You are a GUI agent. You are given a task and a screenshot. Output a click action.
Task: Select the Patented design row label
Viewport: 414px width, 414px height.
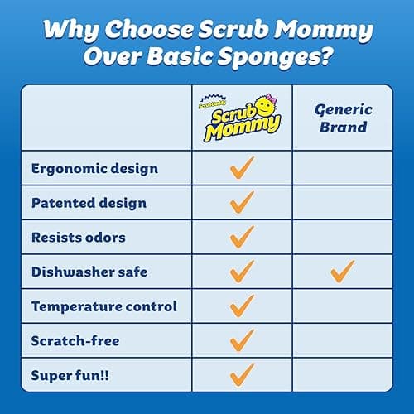(x=89, y=203)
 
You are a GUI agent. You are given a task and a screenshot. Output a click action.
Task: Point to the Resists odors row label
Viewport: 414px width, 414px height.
(x=79, y=238)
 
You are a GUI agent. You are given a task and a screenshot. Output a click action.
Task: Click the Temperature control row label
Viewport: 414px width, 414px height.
(x=104, y=306)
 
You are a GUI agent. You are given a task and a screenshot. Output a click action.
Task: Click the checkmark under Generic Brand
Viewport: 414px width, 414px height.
(x=342, y=271)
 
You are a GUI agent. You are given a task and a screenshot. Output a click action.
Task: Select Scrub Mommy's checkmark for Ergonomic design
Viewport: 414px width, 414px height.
(x=242, y=169)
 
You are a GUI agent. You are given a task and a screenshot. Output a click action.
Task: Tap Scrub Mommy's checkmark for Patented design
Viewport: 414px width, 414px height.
(x=242, y=203)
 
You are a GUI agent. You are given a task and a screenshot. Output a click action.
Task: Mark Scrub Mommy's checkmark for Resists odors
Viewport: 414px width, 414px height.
(x=242, y=237)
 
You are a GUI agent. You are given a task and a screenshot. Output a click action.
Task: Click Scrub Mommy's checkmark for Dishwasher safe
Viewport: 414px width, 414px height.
(x=242, y=271)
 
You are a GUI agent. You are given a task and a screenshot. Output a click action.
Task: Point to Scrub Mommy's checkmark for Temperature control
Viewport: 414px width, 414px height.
(x=242, y=306)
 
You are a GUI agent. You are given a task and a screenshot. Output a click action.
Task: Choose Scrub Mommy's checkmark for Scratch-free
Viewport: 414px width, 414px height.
(x=242, y=339)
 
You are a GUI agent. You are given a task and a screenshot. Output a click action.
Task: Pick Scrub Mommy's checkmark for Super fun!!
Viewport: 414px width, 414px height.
(x=242, y=373)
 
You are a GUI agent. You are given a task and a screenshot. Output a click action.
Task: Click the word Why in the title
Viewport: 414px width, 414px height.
(x=70, y=28)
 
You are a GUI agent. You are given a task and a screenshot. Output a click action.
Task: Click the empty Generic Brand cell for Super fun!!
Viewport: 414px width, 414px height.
(x=342, y=374)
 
